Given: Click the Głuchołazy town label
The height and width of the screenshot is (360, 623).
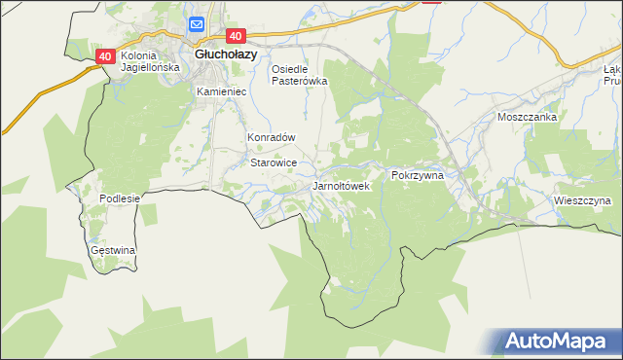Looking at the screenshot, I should click(226, 54).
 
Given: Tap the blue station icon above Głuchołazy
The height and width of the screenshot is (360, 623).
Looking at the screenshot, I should click(197, 25).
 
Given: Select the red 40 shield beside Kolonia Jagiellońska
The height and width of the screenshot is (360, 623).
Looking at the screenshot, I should click(106, 56).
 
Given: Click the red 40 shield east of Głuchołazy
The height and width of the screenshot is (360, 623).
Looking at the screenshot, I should click(247, 35).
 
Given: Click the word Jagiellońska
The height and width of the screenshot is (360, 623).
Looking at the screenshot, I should click(150, 68).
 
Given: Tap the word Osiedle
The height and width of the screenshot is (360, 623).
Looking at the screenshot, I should click(289, 69).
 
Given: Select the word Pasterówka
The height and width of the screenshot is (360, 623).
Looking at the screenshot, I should click(299, 82).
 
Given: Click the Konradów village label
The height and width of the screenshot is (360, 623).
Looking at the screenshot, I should click(271, 138).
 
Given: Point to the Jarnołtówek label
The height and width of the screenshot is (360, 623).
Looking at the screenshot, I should click(341, 185).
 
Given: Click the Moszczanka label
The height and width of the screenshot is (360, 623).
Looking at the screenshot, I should click(527, 117).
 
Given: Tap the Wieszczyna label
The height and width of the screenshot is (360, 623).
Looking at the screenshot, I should click(580, 201).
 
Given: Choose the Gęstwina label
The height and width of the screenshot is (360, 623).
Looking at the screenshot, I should click(113, 250).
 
